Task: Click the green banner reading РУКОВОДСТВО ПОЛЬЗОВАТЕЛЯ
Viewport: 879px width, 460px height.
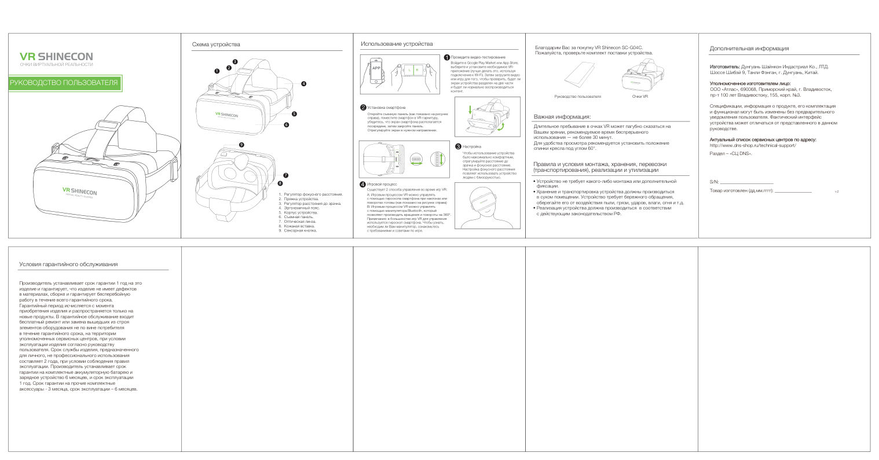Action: point(64,83)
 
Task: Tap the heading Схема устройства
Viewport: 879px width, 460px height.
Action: point(215,45)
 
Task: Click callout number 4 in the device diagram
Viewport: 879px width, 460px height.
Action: point(303,83)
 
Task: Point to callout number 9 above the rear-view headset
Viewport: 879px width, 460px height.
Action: point(241,144)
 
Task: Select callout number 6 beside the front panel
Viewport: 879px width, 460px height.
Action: point(286,124)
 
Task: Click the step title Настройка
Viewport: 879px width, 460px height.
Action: point(472,146)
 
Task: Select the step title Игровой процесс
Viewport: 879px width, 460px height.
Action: point(382,183)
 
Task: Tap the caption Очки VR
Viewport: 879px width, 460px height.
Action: point(640,96)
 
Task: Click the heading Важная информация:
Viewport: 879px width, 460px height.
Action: point(562,116)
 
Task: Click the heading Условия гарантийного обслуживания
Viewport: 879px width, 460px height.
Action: point(68,264)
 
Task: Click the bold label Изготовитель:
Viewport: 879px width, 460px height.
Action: point(724,67)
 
